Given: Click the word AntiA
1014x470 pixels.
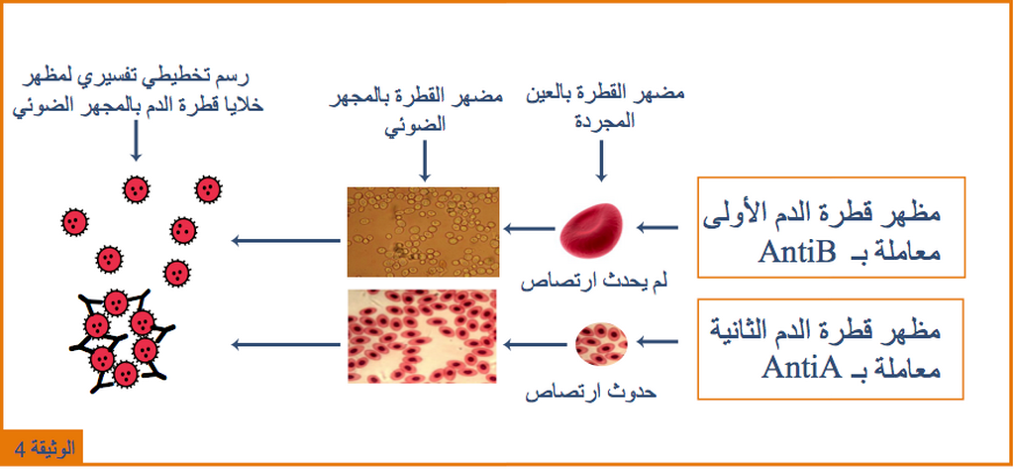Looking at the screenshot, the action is pos(800,368).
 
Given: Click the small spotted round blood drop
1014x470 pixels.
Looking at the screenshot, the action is pos(601,343).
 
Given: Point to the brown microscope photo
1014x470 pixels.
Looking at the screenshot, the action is pos(424,232).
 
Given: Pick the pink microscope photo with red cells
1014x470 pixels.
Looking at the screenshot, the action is pos(422,336).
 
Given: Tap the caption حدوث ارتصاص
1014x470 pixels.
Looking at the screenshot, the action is pos(590,392).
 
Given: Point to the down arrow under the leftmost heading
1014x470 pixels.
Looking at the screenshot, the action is pos(135,142).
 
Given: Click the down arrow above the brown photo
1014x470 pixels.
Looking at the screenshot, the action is pos(425,162).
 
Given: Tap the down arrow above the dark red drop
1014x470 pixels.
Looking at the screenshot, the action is pos(601,162).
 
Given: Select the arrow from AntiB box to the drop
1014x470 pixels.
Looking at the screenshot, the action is pos(658,227).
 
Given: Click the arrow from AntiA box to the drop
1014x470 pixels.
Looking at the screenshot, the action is pos(658,340).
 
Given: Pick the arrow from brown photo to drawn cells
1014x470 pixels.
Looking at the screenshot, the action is pos(286,241).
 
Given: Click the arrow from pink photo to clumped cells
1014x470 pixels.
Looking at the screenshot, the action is pos(286,344).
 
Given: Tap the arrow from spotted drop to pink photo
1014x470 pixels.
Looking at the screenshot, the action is pos(536,344).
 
